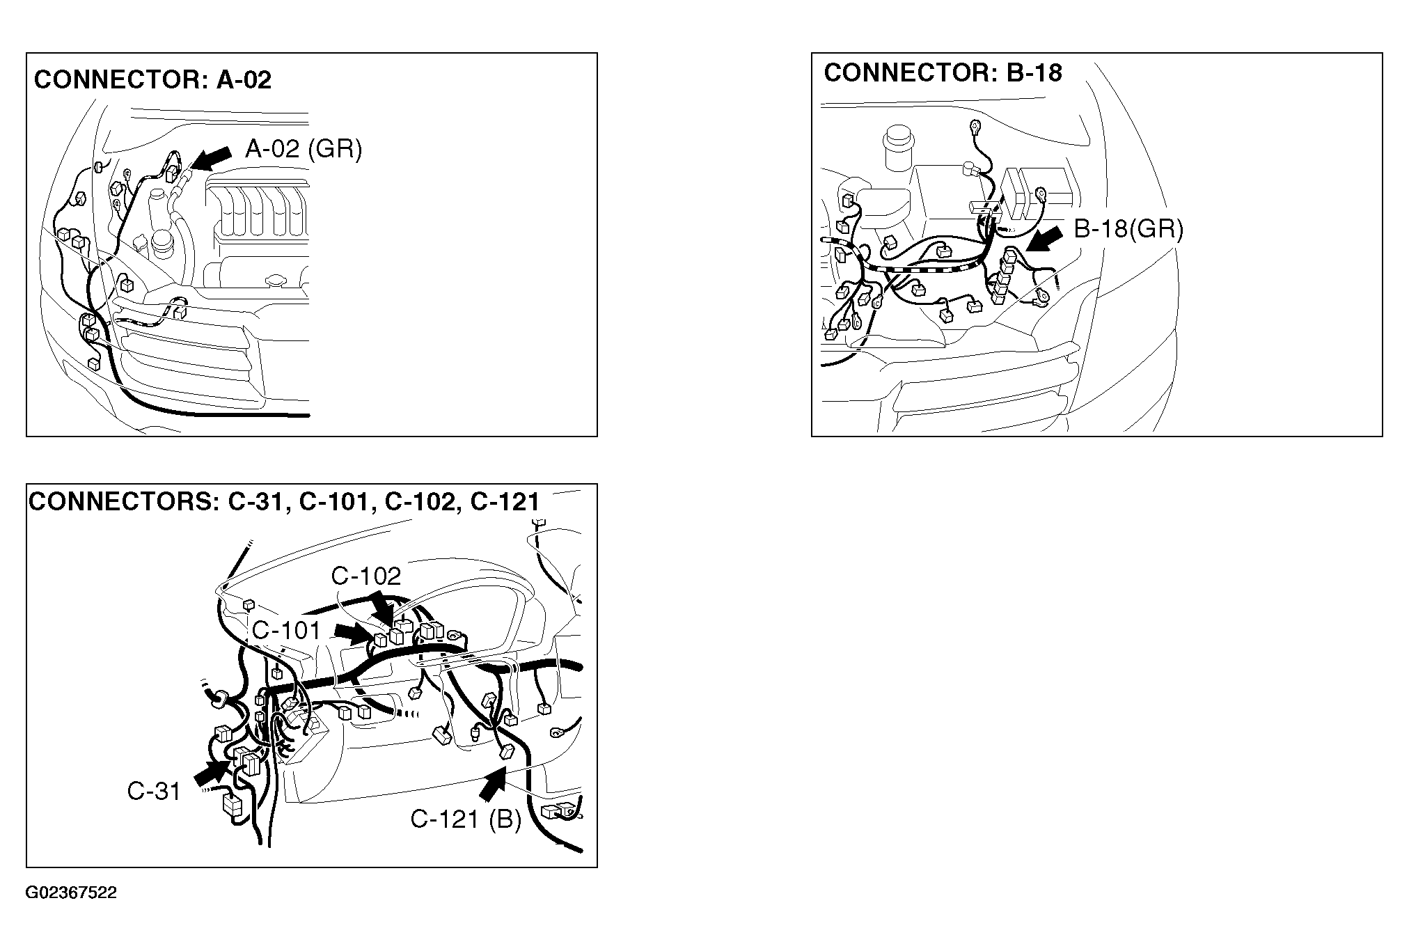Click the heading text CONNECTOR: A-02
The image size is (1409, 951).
pyautogui.click(x=152, y=79)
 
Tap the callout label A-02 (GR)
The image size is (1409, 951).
pyautogui.click(x=304, y=148)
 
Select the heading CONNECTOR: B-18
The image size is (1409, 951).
pyautogui.click(x=943, y=73)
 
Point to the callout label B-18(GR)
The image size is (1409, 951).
pyautogui.click(x=1128, y=228)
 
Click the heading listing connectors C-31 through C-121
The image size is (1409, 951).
pyautogui.click(x=284, y=502)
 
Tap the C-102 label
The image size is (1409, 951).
pyautogui.click(x=366, y=576)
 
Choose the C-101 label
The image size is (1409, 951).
pyautogui.click(x=286, y=631)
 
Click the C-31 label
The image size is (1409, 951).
pyautogui.click(x=154, y=791)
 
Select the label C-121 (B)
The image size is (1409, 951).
pyautogui.click(x=466, y=819)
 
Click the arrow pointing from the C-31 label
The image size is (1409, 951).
pyautogui.click(x=212, y=775)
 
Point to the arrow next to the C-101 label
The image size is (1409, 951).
pyautogui.click(x=354, y=632)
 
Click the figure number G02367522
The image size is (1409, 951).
pyautogui.click(x=72, y=893)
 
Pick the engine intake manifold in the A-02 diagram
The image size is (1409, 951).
pyautogui.click(x=258, y=208)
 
